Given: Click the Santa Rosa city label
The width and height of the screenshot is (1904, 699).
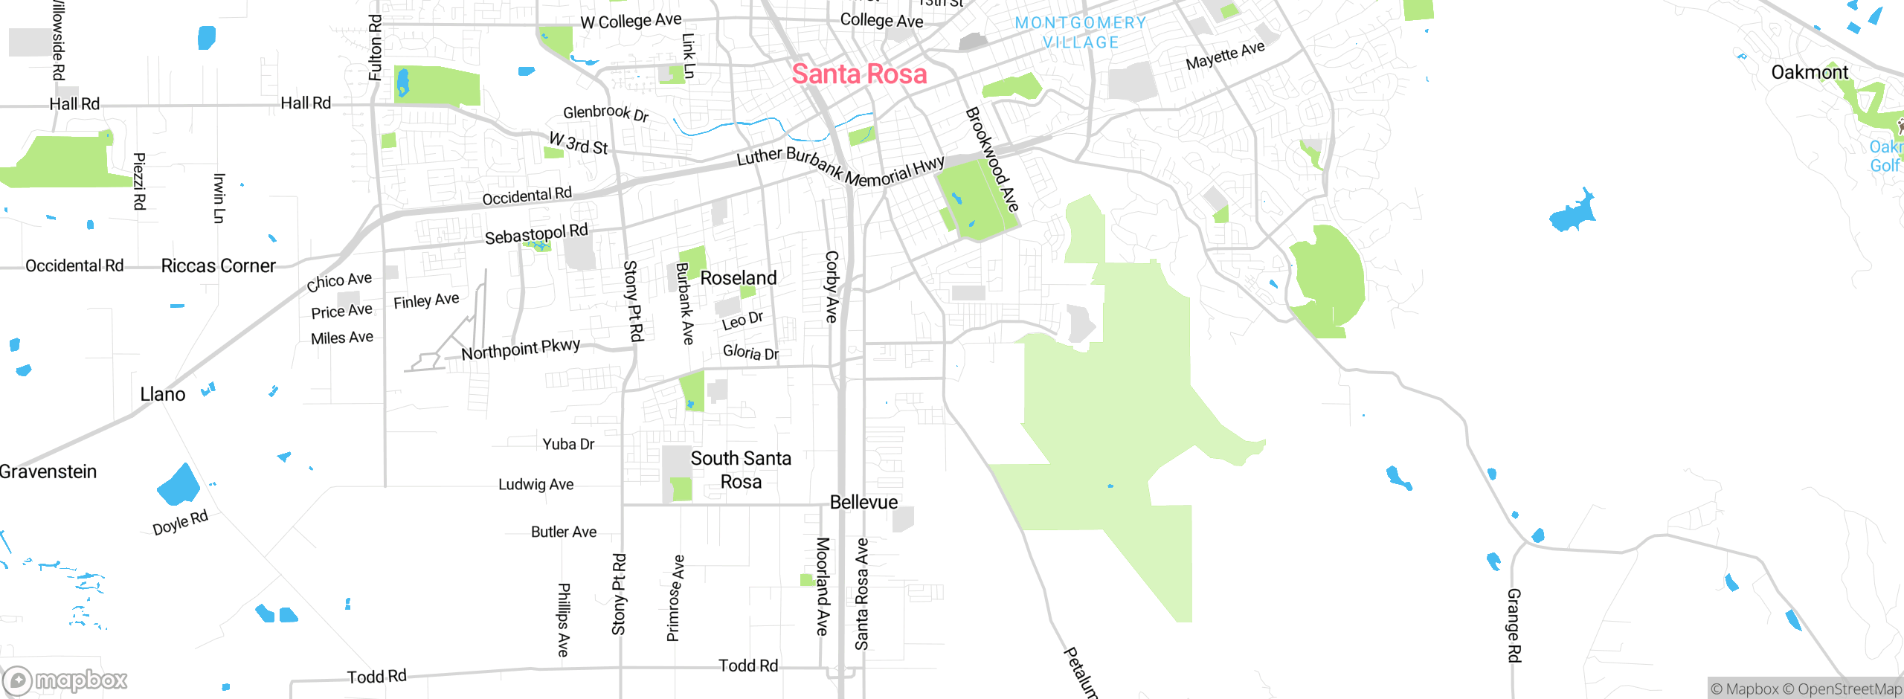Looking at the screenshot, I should coord(859,74).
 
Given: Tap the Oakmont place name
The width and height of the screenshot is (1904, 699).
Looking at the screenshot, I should coord(1809,72).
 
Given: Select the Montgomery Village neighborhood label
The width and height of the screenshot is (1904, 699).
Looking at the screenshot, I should coord(1081,33).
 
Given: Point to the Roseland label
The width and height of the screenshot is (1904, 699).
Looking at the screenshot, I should coord(738,278).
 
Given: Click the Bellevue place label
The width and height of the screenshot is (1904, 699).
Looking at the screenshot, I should coord(863,503).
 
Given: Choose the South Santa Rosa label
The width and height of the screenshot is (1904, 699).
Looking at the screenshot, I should coord(741,470).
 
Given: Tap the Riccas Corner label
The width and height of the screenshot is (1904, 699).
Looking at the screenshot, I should coord(218,266).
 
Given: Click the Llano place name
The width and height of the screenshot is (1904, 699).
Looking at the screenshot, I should coord(163,395).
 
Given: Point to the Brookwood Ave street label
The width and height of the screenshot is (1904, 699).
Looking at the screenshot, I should coord(991,159).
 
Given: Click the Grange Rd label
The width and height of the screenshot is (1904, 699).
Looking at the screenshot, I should coord(1514,625).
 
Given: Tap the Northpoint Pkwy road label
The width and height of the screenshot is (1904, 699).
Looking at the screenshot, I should coord(521,349).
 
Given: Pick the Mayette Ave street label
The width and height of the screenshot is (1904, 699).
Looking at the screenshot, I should coord(1225,55).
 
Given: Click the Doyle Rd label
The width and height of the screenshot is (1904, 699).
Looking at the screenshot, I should coord(180,523).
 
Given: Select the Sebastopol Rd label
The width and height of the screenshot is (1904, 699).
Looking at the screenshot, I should coord(536,234).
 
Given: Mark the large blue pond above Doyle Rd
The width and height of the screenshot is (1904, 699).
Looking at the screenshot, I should coord(179,485).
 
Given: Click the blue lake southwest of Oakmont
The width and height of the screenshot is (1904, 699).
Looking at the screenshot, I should coord(1573,213).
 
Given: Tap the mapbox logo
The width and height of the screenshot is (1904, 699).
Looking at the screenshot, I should coord(65,680).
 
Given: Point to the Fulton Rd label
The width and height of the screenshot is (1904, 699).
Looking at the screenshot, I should coord(376,48).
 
